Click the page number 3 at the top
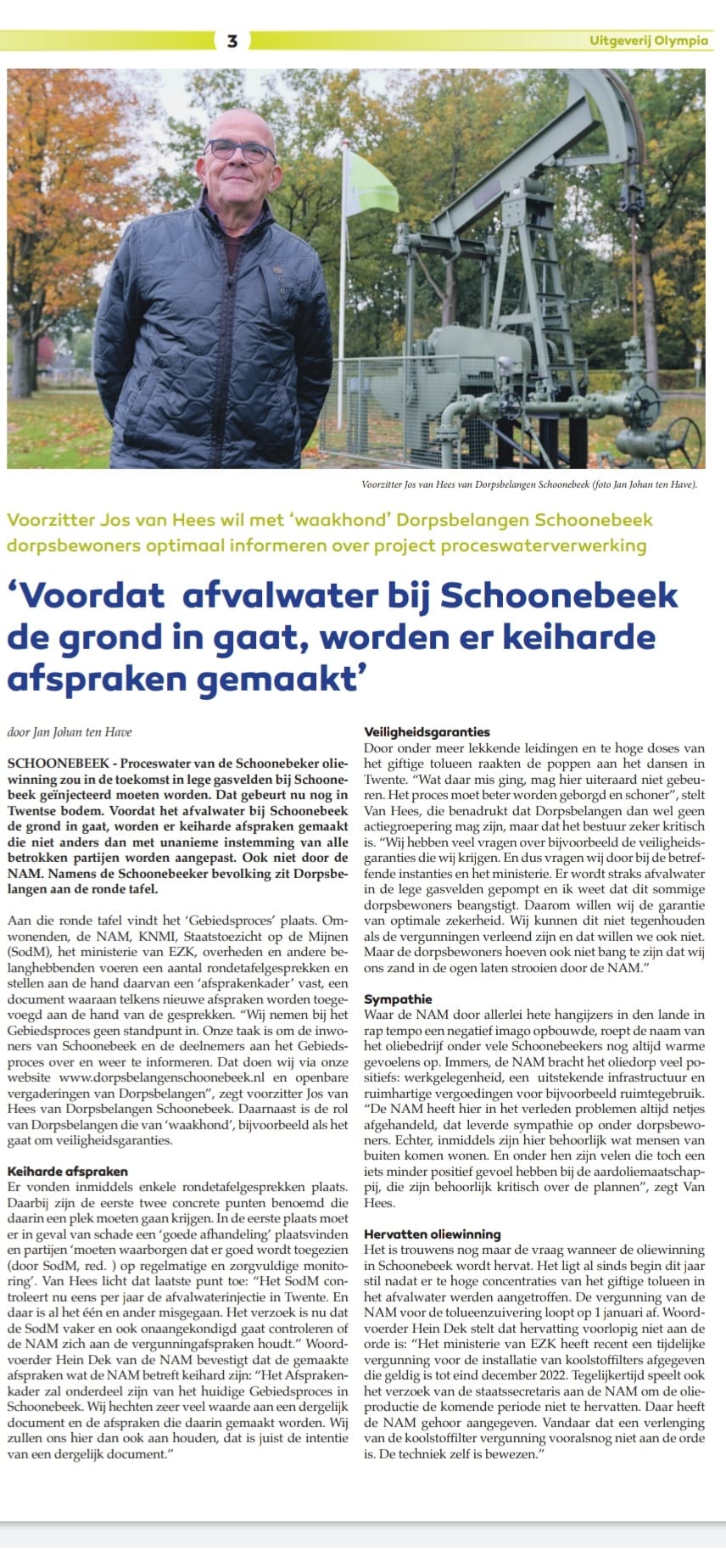click(232, 40)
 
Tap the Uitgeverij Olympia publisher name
click(649, 41)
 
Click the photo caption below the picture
click(528, 484)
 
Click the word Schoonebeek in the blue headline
click(559, 595)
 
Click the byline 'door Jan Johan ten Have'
click(69, 731)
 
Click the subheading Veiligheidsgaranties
click(427, 731)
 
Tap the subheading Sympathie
click(398, 999)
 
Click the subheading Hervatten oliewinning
click(432, 1234)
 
